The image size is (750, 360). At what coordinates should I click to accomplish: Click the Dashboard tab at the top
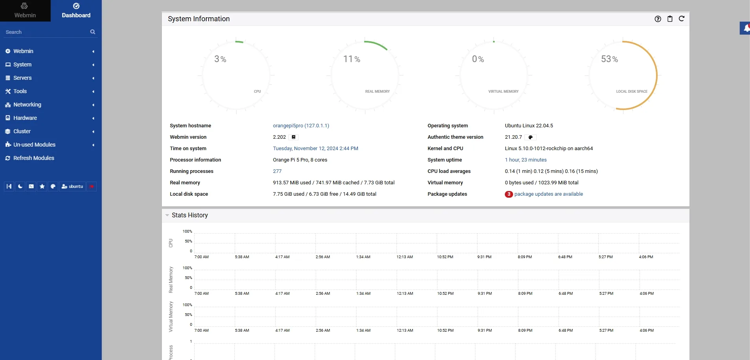click(76, 11)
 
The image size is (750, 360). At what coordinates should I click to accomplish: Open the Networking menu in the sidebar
click(27, 105)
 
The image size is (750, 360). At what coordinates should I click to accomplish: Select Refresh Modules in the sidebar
click(34, 158)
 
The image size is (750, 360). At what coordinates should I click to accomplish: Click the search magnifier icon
click(93, 32)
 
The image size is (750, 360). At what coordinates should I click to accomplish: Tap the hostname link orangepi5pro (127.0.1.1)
click(301, 126)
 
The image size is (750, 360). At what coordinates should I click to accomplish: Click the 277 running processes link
click(277, 171)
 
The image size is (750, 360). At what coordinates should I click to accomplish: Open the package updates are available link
click(548, 194)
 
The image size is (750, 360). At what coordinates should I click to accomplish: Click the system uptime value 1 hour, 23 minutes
click(526, 160)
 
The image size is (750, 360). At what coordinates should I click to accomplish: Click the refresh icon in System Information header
click(682, 18)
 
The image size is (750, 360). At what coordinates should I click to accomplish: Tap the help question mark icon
click(658, 19)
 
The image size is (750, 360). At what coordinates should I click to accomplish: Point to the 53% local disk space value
click(609, 59)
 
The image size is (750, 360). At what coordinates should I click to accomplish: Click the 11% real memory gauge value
click(352, 59)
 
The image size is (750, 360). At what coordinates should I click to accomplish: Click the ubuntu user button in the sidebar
click(72, 186)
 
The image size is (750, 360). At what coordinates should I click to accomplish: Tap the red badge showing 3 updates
click(509, 194)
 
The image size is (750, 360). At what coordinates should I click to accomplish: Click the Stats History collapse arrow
click(167, 215)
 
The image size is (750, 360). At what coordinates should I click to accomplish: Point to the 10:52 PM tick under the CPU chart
click(445, 257)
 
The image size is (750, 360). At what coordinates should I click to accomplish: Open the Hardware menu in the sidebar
click(25, 118)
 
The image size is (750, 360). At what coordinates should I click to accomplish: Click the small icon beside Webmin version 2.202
click(293, 137)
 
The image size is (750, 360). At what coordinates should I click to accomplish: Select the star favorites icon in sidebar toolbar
click(42, 186)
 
